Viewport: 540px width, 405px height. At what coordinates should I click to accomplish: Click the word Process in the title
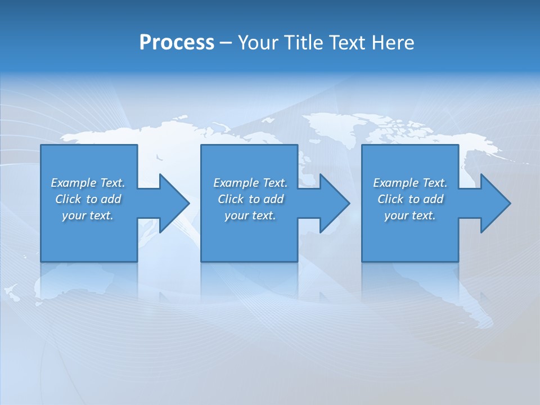(x=177, y=43)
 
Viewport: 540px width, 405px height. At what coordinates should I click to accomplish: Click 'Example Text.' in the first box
(x=88, y=183)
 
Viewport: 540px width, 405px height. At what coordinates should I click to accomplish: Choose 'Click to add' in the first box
(x=88, y=199)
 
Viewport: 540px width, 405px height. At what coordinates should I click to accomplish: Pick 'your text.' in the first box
(x=88, y=215)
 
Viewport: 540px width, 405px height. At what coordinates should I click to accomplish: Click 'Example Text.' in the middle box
(x=250, y=183)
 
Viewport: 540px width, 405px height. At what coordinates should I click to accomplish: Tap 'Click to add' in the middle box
(x=250, y=199)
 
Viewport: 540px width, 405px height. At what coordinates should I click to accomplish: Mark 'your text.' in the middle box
(x=250, y=215)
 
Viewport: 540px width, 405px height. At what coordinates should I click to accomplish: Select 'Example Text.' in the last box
(x=410, y=183)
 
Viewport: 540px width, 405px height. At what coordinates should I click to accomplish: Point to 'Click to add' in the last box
(x=410, y=199)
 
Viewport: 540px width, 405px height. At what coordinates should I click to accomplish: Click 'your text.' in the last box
(x=410, y=215)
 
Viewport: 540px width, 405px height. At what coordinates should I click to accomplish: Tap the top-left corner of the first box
(x=42, y=146)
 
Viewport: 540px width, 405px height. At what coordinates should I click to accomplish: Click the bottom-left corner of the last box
(x=363, y=260)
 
